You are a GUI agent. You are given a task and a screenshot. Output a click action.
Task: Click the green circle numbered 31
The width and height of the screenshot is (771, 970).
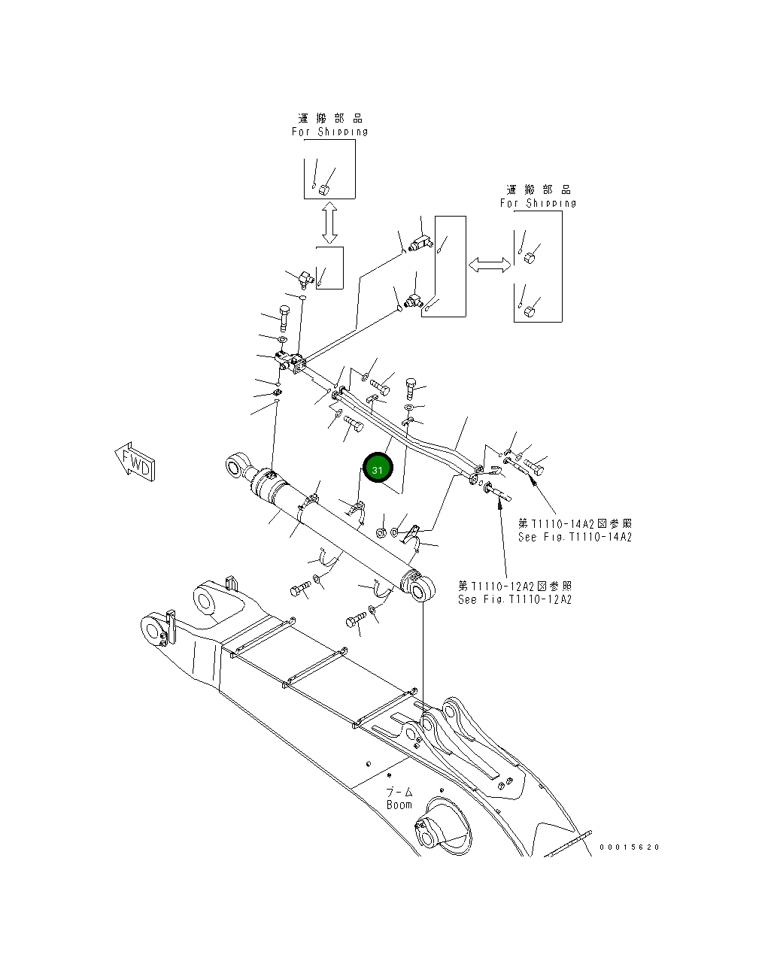[378, 469]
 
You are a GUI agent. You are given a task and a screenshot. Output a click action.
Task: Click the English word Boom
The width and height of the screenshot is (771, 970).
[399, 805]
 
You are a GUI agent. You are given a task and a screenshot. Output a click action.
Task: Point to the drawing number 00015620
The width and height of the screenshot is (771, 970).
[629, 847]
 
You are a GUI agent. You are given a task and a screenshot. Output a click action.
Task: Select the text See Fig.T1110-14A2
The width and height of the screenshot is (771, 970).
[575, 538]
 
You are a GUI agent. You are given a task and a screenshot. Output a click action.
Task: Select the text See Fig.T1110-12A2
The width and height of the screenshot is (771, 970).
[515, 600]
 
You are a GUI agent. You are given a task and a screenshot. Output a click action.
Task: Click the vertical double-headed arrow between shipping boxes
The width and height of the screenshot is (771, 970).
[329, 223]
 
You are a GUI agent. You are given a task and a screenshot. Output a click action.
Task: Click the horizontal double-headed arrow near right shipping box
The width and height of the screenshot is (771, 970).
[490, 265]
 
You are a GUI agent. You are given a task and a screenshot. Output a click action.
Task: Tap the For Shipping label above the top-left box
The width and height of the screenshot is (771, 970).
[329, 132]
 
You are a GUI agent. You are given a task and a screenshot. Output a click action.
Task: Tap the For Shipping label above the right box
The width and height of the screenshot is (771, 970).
[538, 203]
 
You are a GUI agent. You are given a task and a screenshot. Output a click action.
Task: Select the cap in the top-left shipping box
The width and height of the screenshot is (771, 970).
[326, 188]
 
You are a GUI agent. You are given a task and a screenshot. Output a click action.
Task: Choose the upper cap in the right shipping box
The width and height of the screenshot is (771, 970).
[530, 258]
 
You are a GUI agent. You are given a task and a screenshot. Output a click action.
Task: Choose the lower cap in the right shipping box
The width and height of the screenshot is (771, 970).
[531, 309]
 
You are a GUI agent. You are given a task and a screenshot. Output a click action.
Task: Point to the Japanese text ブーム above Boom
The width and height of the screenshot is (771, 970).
[399, 792]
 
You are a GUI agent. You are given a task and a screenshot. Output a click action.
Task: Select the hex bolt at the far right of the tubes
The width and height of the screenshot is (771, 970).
[536, 468]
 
